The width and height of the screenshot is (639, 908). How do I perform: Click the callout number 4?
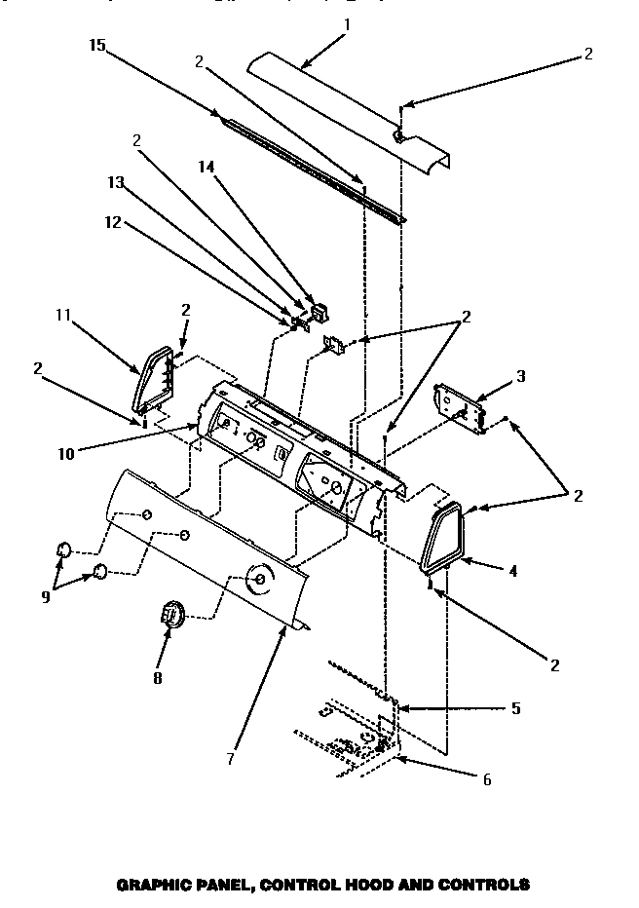tap(512, 571)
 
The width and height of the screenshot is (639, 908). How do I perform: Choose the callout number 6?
tap(486, 779)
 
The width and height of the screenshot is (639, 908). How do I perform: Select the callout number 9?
tap(46, 597)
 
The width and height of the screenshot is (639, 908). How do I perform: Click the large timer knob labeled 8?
tap(170, 617)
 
